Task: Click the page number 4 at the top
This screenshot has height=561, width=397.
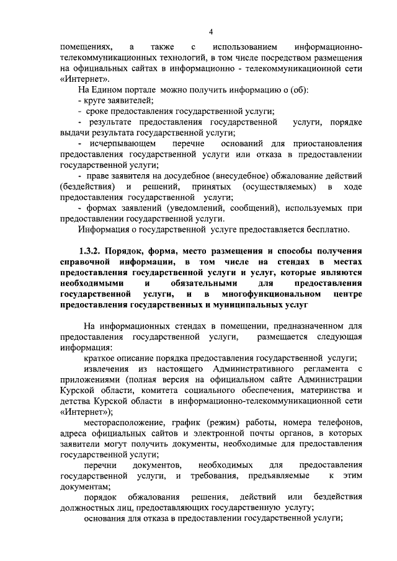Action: coord(210,32)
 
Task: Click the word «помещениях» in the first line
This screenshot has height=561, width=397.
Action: coord(86,47)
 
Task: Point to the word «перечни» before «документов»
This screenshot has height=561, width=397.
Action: coord(99,465)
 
